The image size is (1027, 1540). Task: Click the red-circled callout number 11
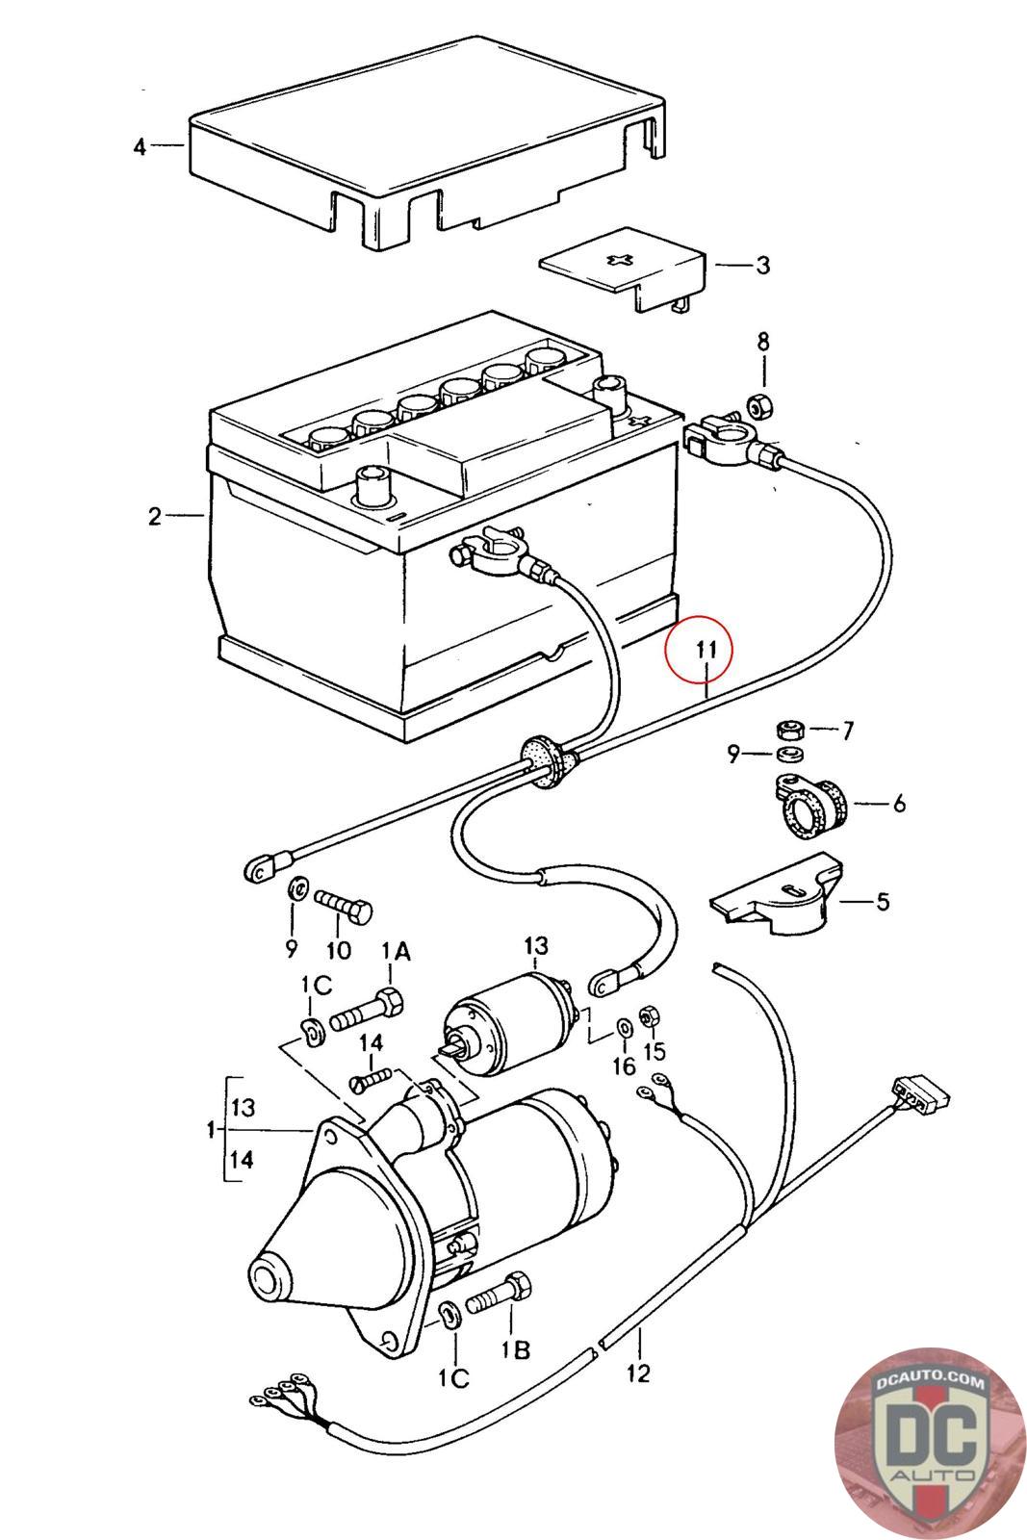pyautogui.click(x=706, y=649)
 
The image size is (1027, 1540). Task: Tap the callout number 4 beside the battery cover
pyautogui.click(x=141, y=146)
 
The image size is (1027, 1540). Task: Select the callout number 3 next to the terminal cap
pyautogui.click(x=763, y=266)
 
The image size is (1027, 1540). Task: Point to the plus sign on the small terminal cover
pyautogui.click(x=621, y=261)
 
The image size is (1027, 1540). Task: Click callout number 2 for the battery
pyautogui.click(x=155, y=516)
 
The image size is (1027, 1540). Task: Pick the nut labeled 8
pyautogui.click(x=759, y=408)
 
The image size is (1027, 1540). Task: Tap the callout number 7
pyautogui.click(x=847, y=731)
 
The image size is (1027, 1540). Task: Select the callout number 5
pyautogui.click(x=883, y=901)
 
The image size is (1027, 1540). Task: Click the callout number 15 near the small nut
pyautogui.click(x=655, y=1051)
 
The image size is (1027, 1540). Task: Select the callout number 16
pyautogui.click(x=624, y=1066)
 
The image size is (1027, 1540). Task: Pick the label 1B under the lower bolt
pyautogui.click(x=516, y=1350)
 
